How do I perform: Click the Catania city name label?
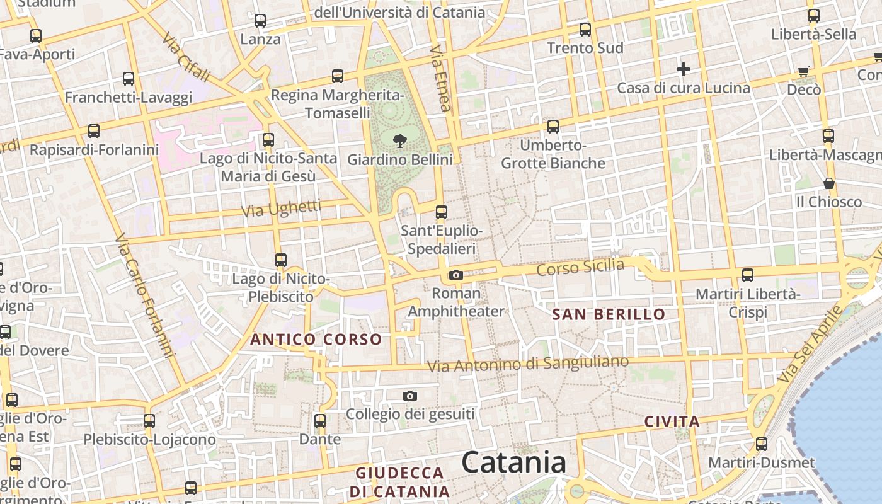tap(513, 463)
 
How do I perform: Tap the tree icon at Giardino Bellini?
tap(399, 140)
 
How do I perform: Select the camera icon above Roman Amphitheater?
tap(455, 275)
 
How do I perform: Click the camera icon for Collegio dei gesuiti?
tap(410, 396)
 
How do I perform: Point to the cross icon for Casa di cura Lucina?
tap(684, 69)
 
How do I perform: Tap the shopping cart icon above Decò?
tap(803, 71)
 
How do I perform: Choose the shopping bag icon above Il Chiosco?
tap(829, 183)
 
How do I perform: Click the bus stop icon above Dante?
tap(320, 420)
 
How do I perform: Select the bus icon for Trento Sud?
tap(585, 29)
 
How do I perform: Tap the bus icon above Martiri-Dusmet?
tap(762, 444)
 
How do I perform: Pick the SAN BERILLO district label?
tap(609, 314)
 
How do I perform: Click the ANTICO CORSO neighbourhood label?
tap(316, 340)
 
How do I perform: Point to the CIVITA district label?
tap(672, 422)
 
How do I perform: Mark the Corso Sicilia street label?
tap(580, 267)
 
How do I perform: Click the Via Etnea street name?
tap(440, 78)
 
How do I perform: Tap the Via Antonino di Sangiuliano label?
tap(528, 364)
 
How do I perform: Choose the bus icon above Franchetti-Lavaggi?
tap(129, 79)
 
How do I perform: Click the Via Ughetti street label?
tap(281, 209)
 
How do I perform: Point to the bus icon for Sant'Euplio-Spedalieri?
tap(442, 212)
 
